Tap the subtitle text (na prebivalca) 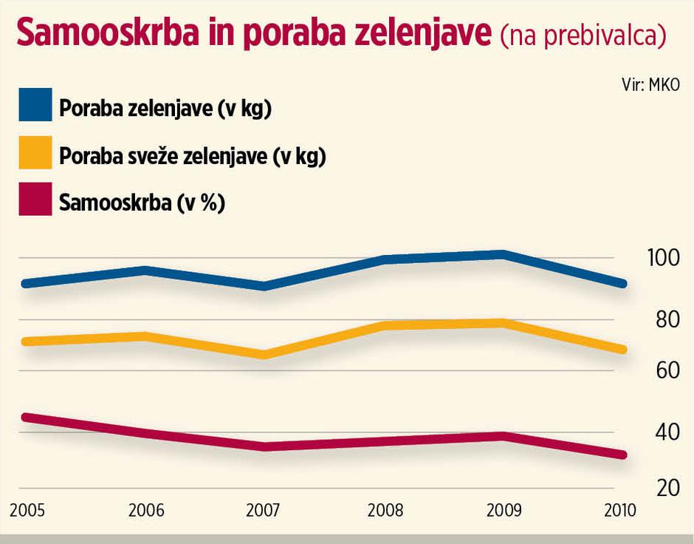coord(583,35)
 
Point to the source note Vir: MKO coord(650,85)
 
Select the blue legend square coord(35,106)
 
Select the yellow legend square coord(35,153)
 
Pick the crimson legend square coord(35,200)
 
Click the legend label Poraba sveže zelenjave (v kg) coord(192,155)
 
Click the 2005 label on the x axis coord(26,511)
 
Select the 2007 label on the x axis coord(264,511)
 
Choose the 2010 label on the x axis coord(619,511)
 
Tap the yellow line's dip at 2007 coord(264,355)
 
